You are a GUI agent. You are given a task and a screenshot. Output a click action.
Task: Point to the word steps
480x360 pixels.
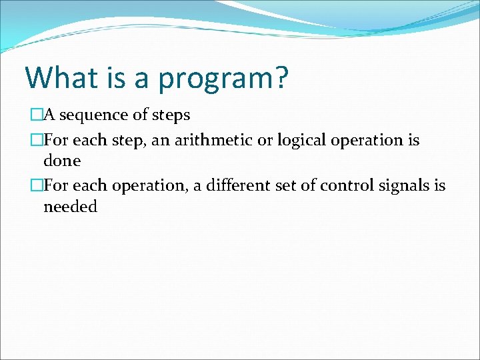[x=170, y=115]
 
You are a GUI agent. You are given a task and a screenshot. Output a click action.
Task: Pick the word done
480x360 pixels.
[x=62, y=161]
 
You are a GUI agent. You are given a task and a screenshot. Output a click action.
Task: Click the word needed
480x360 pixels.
[x=70, y=207]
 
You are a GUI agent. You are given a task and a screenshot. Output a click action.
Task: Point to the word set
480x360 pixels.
[x=303, y=186]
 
